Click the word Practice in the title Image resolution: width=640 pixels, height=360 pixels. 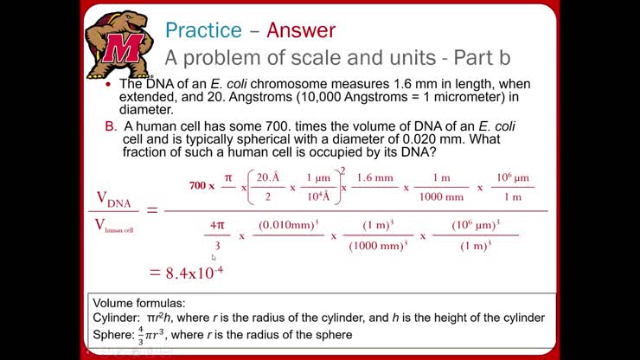coord(203,30)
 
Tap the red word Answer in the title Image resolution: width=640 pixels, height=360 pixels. coord(300,30)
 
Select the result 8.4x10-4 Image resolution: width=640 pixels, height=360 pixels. coord(186,273)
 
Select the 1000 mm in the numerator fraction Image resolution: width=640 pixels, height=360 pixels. coord(442,196)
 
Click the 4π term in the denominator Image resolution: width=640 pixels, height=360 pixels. coord(216,225)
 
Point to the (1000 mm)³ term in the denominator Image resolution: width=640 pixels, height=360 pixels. coord(378,245)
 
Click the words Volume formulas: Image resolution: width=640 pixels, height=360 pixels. coord(138,304)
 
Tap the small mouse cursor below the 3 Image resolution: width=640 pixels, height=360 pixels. coord(214,257)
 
